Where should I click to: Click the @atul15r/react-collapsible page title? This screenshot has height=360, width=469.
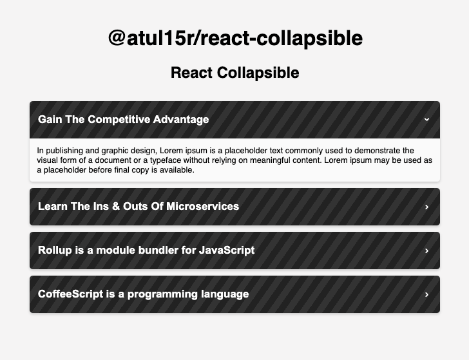click(x=235, y=38)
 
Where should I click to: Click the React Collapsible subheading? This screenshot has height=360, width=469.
click(x=235, y=73)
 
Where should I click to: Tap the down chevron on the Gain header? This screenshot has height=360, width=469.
click(x=426, y=119)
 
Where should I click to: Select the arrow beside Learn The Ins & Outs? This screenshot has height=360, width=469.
click(x=426, y=207)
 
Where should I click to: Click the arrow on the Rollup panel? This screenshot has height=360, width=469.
click(x=426, y=251)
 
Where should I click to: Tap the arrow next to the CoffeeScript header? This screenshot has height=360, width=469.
click(x=426, y=294)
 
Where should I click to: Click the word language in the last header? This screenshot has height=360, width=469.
click(x=223, y=294)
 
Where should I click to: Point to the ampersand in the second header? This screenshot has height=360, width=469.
click(x=111, y=207)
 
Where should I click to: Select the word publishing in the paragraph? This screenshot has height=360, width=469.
click(x=64, y=151)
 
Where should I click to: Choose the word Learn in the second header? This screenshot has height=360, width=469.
click(x=53, y=207)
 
